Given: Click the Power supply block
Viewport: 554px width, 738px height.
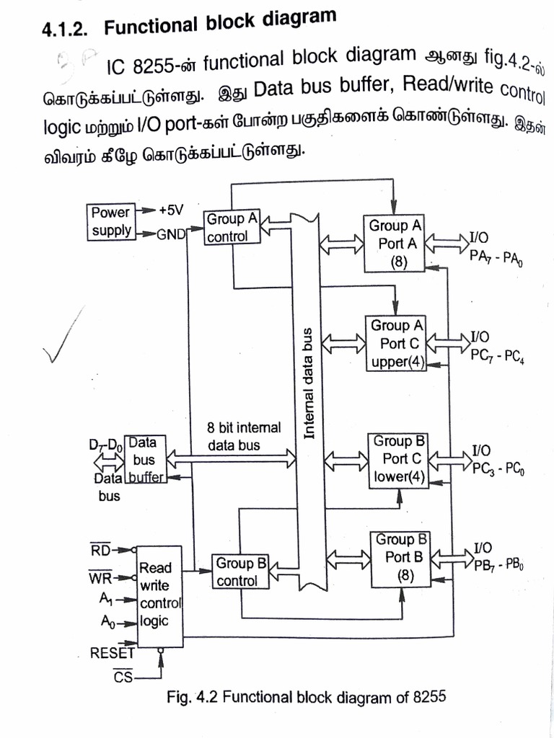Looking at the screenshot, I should coord(111,221).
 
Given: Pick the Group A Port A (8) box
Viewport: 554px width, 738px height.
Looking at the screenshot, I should coord(395,244).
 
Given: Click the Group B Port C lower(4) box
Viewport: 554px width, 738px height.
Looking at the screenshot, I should coord(399,458).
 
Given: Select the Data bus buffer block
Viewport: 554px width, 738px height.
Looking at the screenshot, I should coord(144,458).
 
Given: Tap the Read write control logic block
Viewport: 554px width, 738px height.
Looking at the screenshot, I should coord(159,595).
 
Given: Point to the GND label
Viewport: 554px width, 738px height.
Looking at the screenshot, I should coord(170,234).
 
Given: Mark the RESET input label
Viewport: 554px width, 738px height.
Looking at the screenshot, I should coord(112,654).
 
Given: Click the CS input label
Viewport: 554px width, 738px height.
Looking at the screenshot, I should coord(122,677).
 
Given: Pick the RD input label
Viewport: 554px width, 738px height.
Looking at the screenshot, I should coord(101,551).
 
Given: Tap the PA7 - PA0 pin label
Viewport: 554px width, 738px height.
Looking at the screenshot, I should coord(496,257).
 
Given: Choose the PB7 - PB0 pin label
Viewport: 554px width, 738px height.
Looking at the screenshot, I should coord(498,564).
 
